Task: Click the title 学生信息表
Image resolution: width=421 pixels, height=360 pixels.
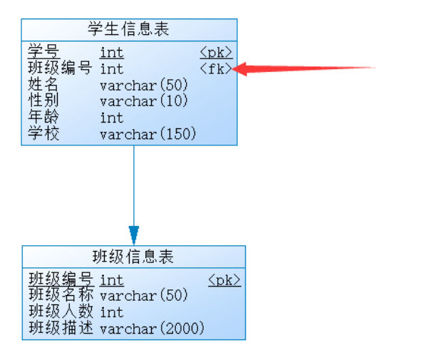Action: coord(128,29)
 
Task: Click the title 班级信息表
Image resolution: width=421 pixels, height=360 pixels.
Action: coord(133,257)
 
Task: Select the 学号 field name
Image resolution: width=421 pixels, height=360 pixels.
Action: coord(43,51)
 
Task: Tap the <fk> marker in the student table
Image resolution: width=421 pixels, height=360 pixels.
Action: coord(216,68)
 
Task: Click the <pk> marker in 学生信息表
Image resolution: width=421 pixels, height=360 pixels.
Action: coord(216,52)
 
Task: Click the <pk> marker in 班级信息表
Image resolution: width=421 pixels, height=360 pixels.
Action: coord(224,280)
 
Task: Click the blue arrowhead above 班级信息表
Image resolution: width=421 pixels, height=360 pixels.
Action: coord(134,235)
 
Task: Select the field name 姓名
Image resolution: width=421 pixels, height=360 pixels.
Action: coord(43,84)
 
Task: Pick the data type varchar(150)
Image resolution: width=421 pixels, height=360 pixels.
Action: coord(148,134)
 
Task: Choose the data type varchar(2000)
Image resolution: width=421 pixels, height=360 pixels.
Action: coord(152,329)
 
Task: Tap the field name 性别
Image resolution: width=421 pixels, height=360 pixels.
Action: coord(43,101)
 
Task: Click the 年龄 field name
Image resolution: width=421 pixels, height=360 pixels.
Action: coord(43,117)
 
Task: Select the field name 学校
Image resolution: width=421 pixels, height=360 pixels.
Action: coord(43,133)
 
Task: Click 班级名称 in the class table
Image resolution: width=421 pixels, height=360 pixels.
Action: coord(61,294)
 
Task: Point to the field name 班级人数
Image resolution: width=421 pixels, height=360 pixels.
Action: coord(61,311)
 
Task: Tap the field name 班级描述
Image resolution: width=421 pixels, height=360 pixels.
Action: coord(61,328)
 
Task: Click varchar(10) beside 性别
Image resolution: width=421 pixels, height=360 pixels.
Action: coord(144,101)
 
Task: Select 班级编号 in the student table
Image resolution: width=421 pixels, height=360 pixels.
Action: coord(60,68)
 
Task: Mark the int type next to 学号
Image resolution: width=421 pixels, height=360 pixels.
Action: coord(112,53)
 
